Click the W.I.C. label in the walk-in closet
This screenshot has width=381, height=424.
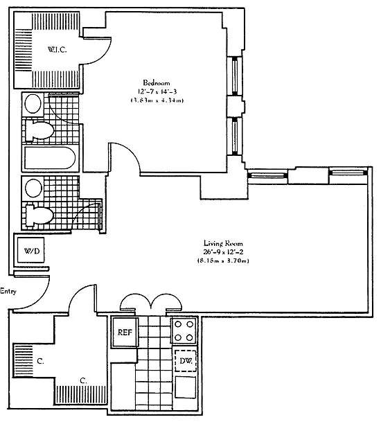(x=57, y=50)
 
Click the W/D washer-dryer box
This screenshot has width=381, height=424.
(x=31, y=251)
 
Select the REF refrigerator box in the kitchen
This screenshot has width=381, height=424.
(x=125, y=333)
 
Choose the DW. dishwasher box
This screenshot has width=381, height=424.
(x=186, y=361)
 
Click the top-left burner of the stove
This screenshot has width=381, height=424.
(x=179, y=324)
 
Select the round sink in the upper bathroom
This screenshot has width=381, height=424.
(x=33, y=104)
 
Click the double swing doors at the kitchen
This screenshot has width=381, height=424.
(x=150, y=300)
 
